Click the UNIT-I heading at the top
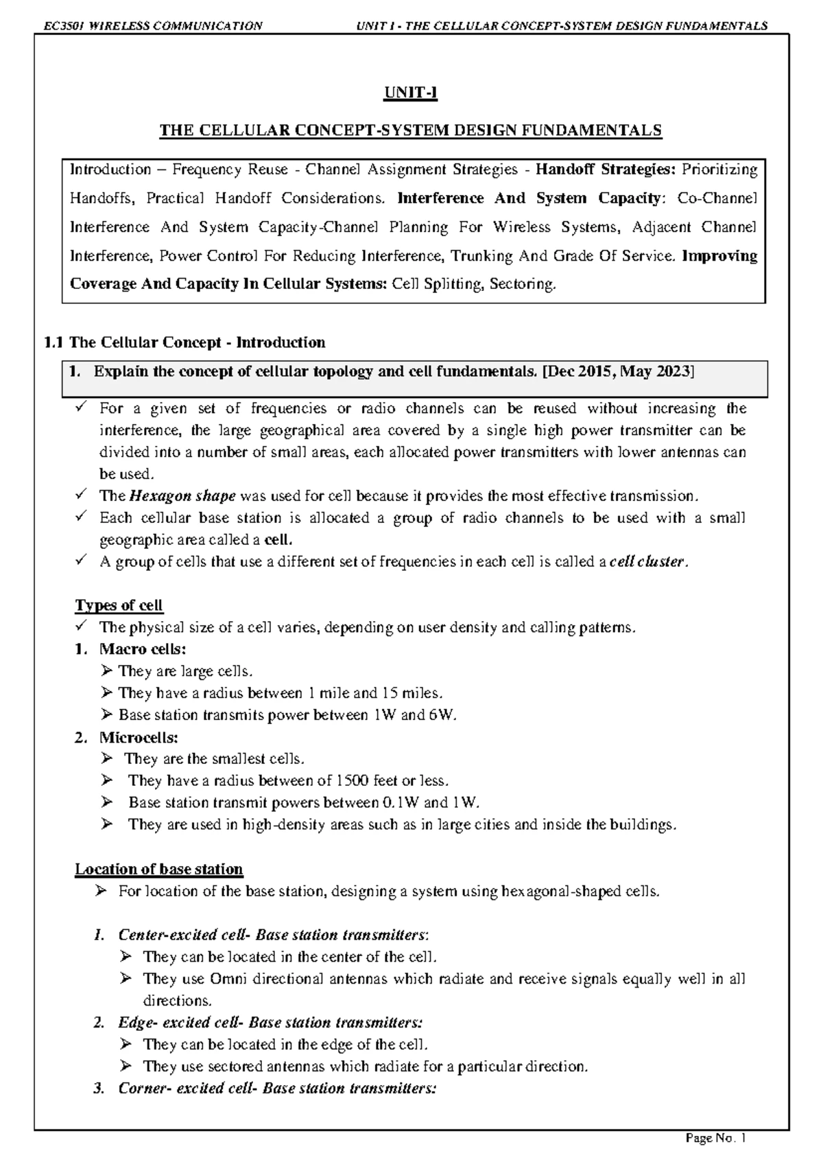point(411,93)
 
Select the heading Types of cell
point(119,605)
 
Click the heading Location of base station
point(158,869)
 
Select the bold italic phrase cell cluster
point(647,562)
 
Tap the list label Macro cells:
point(143,649)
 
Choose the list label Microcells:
point(139,737)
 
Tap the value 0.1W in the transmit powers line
point(400,803)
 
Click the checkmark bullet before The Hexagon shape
point(80,496)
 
